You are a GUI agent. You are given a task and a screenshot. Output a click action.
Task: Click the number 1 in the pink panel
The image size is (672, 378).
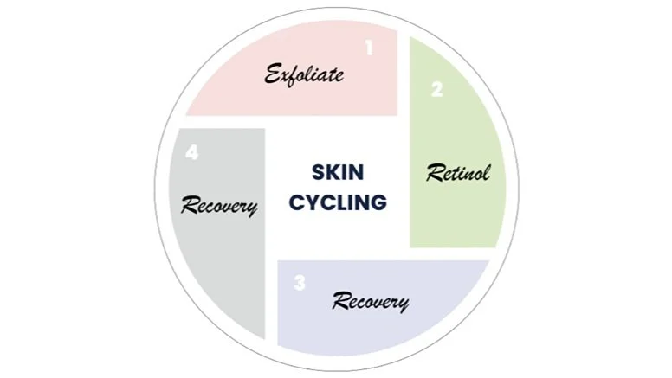(x=369, y=48)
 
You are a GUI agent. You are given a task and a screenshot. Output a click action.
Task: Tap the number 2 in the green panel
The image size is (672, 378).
(x=436, y=88)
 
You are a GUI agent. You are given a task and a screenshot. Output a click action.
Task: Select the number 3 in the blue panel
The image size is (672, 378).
(x=300, y=283)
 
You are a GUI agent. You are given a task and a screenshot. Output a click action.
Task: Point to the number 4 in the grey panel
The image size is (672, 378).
(x=191, y=153)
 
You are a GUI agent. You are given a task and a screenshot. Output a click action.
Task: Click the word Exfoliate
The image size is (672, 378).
(x=304, y=74)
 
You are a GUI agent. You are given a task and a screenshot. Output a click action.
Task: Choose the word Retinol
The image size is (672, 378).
(x=458, y=173)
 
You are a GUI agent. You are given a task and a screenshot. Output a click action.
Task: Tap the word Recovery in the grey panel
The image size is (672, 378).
(x=219, y=206)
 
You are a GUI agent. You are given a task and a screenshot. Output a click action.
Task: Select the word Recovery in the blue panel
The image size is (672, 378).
(x=371, y=302)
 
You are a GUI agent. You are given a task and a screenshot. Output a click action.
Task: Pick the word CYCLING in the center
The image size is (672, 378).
(x=337, y=203)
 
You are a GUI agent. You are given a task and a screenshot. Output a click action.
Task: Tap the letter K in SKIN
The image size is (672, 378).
(x=331, y=172)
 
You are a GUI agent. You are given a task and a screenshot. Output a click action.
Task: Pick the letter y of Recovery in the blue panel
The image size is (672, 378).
(x=402, y=304)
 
